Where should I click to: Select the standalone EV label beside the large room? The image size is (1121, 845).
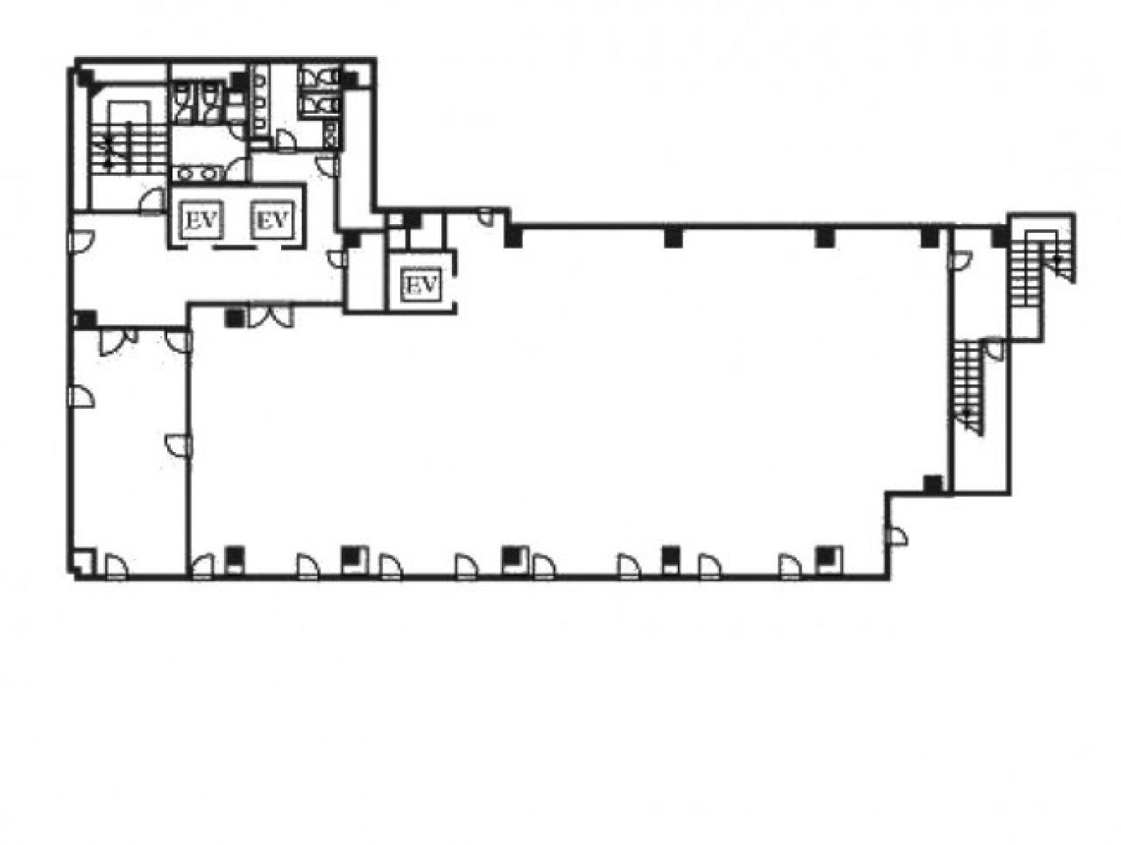pyautogui.click(x=421, y=284)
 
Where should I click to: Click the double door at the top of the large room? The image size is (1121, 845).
pyautogui.click(x=271, y=316)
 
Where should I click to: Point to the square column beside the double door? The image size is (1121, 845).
pyautogui.click(x=233, y=319)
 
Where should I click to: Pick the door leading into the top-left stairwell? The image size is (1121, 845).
pyautogui.click(x=152, y=201)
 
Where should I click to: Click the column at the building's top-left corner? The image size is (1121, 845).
pyautogui.click(x=85, y=78)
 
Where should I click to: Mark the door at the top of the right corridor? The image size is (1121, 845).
pyautogui.click(x=960, y=260)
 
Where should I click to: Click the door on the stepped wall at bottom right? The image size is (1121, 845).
pyautogui.click(x=896, y=536)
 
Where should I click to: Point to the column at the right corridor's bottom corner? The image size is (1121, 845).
pyautogui.click(x=933, y=484)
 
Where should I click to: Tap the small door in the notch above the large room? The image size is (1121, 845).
pyautogui.click(x=485, y=216)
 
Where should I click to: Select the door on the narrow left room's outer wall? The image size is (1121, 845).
pyautogui.click(x=81, y=397)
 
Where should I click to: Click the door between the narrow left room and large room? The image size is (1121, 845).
pyautogui.click(x=180, y=445)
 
